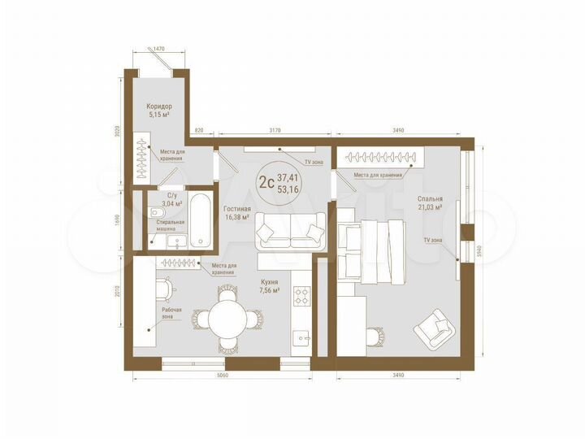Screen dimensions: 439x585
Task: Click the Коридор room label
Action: click(x=158, y=106)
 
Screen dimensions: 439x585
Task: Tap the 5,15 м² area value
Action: click(x=158, y=115)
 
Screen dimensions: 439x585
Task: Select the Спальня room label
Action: click(x=430, y=198)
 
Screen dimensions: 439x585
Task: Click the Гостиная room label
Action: click(x=238, y=208)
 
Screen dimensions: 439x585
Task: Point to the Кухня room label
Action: click(x=270, y=281)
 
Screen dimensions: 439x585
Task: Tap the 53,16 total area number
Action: click(x=287, y=189)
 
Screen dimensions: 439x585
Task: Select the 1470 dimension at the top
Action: click(x=158, y=50)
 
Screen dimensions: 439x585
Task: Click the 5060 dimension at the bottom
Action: click(x=222, y=376)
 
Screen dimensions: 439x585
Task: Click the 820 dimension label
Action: click(x=199, y=129)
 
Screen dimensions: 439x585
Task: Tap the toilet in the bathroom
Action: click(x=158, y=214)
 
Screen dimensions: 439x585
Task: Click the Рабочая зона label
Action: click(x=171, y=314)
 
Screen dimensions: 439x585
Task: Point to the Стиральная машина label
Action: click(x=171, y=225)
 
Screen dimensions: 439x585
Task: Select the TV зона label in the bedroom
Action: click(x=431, y=241)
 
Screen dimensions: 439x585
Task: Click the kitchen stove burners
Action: click(x=301, y=295)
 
